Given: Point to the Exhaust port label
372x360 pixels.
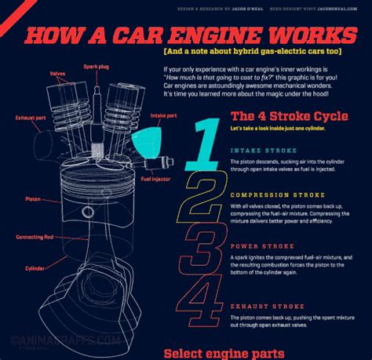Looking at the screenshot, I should click(29, 118).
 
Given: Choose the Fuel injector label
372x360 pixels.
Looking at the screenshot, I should click(155, 178).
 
